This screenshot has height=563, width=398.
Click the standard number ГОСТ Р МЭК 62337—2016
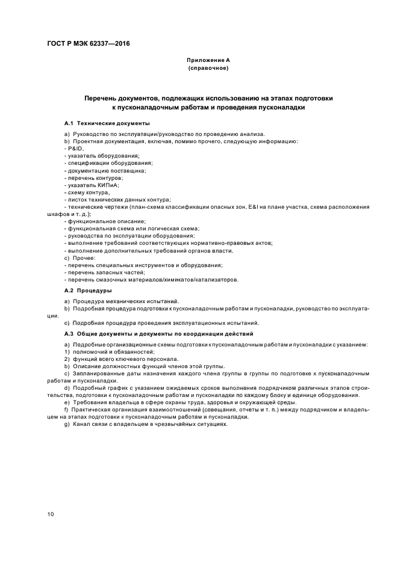(89, 44)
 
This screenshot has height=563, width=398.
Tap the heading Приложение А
(208, 60)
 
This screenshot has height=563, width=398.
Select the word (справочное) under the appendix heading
(208, 68)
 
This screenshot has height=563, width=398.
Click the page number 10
(51, 514)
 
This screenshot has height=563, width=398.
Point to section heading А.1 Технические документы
(107, 123)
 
